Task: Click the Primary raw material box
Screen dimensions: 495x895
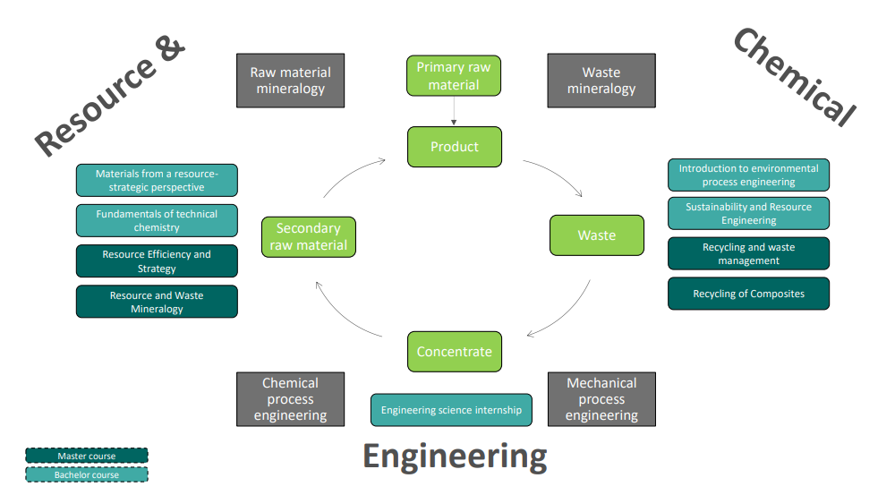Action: (454, 76)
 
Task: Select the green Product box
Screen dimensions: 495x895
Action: (454, 147)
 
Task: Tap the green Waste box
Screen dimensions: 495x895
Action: (596, 235)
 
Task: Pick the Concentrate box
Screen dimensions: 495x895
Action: (454, 351)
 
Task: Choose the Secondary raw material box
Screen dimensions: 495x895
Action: (307, 237)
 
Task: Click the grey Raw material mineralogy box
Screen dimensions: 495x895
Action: (290, 81)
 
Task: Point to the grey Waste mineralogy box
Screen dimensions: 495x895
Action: (601, 81)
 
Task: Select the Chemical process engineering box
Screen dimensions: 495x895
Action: (290, 398)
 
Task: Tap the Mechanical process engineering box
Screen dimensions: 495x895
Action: (601, 398)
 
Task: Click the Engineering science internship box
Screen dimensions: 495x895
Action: (451, 410)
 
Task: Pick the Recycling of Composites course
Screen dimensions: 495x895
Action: (748, 294)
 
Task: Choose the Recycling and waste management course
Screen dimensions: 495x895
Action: (748, 253)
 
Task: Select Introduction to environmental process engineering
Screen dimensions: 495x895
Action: (748, 175)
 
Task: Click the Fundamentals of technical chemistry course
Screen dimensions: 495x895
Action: (157, 220)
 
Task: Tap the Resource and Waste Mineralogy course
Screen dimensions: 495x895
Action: (157, 302)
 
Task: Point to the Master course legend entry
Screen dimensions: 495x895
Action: (86, 457)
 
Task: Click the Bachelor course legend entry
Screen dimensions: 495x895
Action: (86, 474)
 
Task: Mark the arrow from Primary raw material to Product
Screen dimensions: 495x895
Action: (454, 111)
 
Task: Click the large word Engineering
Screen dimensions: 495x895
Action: (454, 457)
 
